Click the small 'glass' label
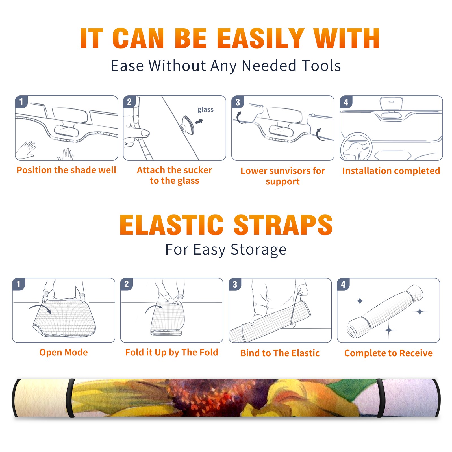click(205, 110)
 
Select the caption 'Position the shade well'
click(66, 170)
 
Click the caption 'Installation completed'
click(391, 171)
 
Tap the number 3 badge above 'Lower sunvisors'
click(237, 102)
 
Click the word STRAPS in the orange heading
click(283, 225)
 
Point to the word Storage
click(258, 250)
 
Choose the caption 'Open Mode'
click(64, 352)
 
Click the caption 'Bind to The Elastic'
click(280, 353)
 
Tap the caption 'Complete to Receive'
click(388, 353)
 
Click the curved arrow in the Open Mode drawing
click(40, 308)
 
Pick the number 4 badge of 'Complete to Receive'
click(343, 284)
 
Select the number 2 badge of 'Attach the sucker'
click(129, 102)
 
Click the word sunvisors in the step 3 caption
click(289, 171)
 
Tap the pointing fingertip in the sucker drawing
click(145, 133)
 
